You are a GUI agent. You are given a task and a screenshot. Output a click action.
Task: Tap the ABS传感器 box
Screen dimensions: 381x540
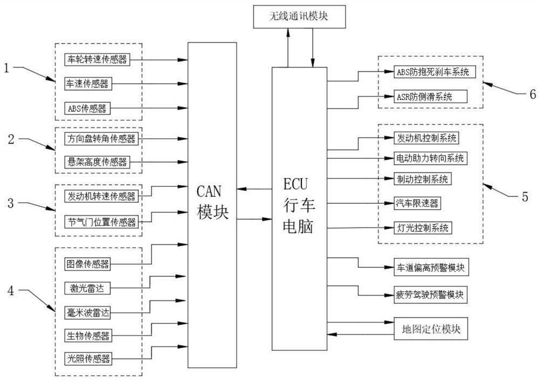point(88,108)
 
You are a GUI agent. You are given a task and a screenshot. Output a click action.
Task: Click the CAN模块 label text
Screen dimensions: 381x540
point(212,201)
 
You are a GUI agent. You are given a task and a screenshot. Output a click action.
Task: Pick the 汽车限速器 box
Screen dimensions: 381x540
point(416,203)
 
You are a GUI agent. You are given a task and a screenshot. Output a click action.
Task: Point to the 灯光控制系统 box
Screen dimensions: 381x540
point(422,228)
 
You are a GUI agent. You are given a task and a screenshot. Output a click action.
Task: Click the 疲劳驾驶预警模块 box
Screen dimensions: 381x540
point(430,296)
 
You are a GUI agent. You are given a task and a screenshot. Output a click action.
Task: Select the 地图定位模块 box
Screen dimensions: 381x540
point(431,329)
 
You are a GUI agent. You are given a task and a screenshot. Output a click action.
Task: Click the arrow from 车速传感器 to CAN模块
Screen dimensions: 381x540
point(157,84)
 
